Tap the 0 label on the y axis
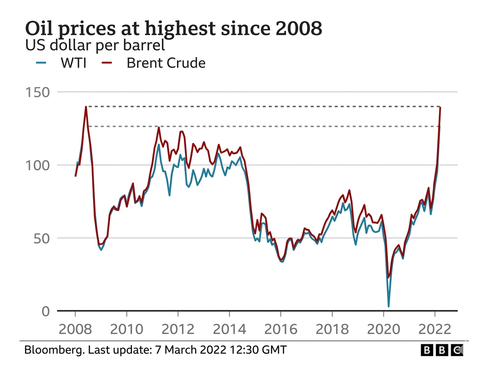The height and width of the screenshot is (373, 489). pos(45,311)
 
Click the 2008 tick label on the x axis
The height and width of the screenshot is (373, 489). pos(75,329)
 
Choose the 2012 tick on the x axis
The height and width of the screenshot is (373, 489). pos(178,329)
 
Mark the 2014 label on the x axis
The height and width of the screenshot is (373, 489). pos(229,329)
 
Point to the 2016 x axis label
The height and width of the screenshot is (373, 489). pos(280,329)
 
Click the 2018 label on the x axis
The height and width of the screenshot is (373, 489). pos(332,329)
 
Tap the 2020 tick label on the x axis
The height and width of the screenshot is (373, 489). pos(383,329)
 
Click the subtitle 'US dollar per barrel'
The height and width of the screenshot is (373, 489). pos(95,45)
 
